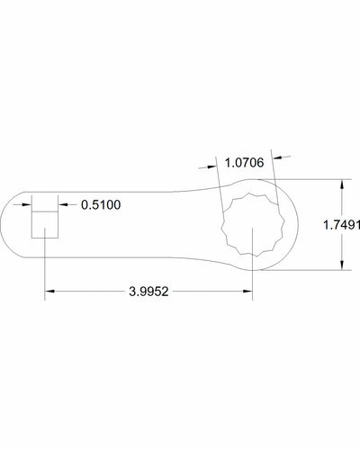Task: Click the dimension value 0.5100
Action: coord(101,205)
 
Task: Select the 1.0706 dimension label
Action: coord(244,163)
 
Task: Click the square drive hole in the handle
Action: coord(46,223)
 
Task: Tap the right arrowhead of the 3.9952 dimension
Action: coord(247,291)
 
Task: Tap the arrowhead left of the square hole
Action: coord(28,205)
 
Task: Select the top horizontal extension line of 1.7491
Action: coord(315,180)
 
